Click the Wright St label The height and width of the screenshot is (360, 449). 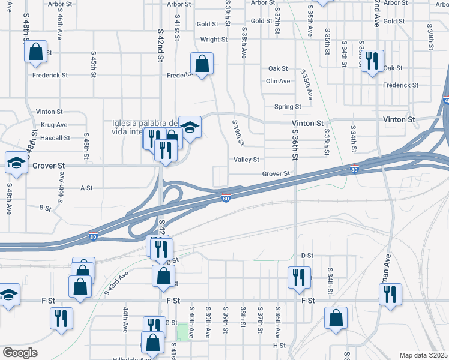click(214, 40)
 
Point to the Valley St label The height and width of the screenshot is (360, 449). click(246, 160)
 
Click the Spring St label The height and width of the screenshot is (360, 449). click(288, 107)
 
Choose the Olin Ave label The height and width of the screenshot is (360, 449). click(278, 81)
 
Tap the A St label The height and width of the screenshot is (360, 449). click(86, 188)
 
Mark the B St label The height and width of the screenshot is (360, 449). click(45, 208)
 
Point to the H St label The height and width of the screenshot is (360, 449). click(279, 346)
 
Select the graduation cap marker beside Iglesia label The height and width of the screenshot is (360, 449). click(190, 127)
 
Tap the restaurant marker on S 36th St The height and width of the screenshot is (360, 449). click(299, 277)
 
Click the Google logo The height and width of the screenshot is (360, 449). click(20, 353)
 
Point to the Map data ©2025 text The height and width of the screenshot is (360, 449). click(423, 355)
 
